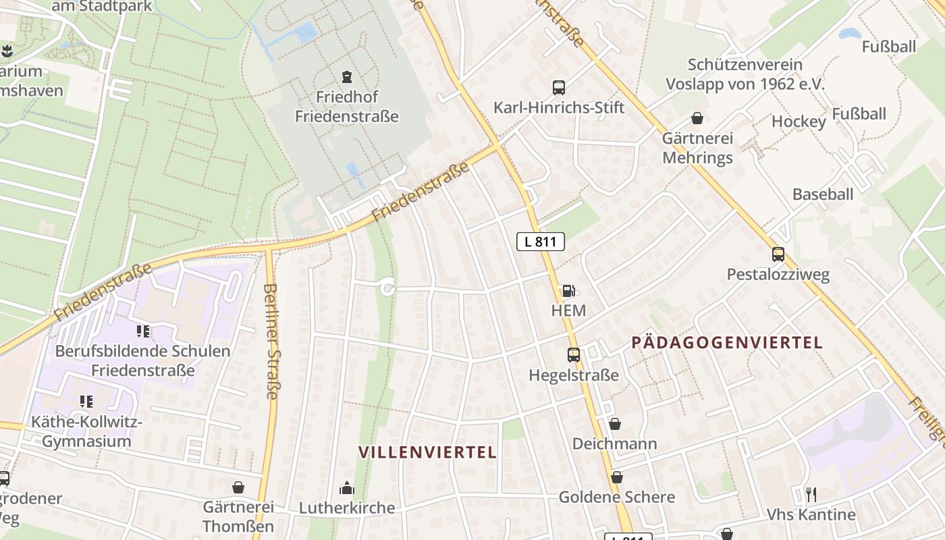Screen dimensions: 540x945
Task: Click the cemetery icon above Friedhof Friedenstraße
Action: tap(347, 76)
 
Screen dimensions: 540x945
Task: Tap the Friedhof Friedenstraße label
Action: tap(347, 107)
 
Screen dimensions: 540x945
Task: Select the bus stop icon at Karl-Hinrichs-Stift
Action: tap(559, 87)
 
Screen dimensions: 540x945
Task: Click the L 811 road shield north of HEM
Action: tap(540, 242)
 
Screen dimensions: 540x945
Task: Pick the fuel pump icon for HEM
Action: tap(568, 291)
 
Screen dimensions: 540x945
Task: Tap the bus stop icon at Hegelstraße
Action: tap(574, 354)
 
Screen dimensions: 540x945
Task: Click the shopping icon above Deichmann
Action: tap(614, 424)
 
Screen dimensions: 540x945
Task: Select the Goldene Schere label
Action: tap(616, 497)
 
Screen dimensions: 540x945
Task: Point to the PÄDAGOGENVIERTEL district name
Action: tap(727, 342)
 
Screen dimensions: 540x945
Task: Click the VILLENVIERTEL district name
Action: tap(427, 452)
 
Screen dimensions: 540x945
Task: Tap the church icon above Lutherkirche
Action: tap(347, 488)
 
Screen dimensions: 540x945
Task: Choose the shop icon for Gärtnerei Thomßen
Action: tap(238, 487)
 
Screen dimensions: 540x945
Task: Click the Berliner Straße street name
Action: tap(271, 341)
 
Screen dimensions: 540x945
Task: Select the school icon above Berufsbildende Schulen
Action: tap(142, 331)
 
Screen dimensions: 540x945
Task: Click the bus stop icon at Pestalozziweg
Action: tap(778, 254)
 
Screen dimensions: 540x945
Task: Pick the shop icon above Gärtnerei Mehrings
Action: tap(697, 119)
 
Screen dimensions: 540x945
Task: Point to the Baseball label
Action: tap(823, 194)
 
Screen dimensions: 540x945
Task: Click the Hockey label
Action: tap(799, 122)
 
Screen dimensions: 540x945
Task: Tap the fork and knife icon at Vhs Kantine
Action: tap(811, 495)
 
